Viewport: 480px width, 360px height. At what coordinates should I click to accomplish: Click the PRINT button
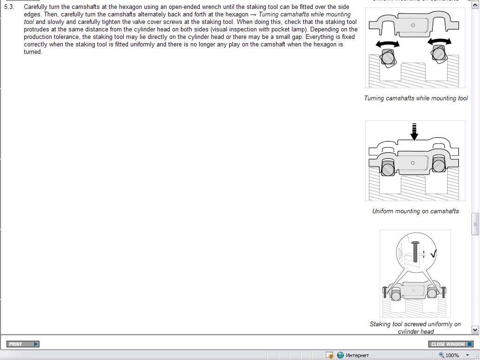[23, 344]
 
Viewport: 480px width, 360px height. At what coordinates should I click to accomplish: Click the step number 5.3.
[9, 7]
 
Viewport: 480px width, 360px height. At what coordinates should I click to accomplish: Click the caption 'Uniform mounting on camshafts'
[415, 211]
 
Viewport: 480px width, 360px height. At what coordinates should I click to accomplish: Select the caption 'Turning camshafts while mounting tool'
[416, 98]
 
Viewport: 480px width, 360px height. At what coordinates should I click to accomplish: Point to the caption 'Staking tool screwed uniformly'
[415, 324]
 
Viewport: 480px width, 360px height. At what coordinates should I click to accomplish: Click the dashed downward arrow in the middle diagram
[414, 132]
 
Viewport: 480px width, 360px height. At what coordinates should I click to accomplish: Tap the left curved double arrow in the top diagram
[388, 44]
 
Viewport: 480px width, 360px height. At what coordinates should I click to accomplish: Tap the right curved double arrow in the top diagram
[440, 42]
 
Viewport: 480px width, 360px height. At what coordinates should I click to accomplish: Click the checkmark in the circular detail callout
[433, 254]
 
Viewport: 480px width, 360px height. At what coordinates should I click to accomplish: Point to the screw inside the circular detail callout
[415, 251]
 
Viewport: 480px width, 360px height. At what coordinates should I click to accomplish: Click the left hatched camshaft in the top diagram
[388, 58]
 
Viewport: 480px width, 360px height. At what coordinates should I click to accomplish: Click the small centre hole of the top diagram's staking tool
[412, 25]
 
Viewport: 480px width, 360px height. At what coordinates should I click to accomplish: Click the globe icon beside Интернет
[340, 355]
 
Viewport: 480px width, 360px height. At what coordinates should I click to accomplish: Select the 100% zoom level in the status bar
[452, 355]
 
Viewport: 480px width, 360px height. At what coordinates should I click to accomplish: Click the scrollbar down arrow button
[475, 330]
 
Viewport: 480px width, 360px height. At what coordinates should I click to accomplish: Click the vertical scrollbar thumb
[475, 224]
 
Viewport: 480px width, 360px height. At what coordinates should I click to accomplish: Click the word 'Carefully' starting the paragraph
[35, 7]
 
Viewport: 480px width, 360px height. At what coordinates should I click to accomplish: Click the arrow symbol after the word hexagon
[253, 15]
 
